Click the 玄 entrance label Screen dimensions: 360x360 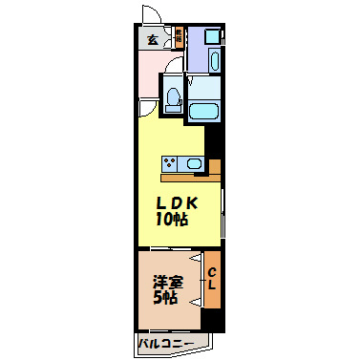pos(153,39)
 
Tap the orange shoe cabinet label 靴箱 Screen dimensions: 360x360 pos(179,39)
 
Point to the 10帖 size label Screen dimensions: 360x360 pos(173,220)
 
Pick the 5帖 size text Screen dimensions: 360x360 pos(166,298)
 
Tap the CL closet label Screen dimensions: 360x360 pos(212,279)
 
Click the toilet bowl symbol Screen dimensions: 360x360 pos(173,97)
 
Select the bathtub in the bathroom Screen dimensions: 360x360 pos(204,112)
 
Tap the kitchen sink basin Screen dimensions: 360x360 pos(195,165)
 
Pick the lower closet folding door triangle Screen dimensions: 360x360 pos(197,296)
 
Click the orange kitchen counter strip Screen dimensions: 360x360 pos(187,177)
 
